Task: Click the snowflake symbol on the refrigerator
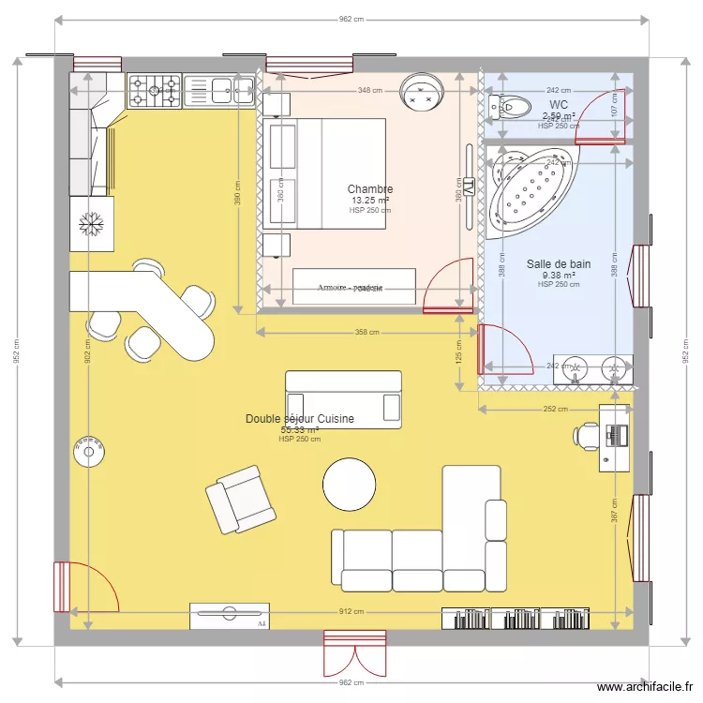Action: pyautogui.click(x=91, y=224)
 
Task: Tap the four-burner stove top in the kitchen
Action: pyautogui.click(x=155, y=91)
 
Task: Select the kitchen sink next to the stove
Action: pyautogui.click(x=220, y=91)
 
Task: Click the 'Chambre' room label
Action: pyautogui.click(x=369, y=189)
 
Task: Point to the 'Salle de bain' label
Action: pyautogui.click(x=558, y=264)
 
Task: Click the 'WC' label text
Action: pyautogui.click(x=559, y=104)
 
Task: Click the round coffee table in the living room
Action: pyautogui.click(x=351, y=485)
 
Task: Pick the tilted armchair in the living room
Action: pyautogui.click(x=241, y=500)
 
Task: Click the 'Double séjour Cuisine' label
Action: pyautogui.click(x=300, y=419)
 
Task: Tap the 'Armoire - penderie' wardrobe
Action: pyautogui.click(x=353, y=287)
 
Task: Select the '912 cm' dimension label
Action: pyautogui.click(x=351, y=611)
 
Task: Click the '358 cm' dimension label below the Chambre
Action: pyautogui.click(x=367, y=332)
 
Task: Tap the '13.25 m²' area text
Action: pyautogui.click(x=369, y=201)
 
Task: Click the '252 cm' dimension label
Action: pyautogui.click(x=556, y=409)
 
